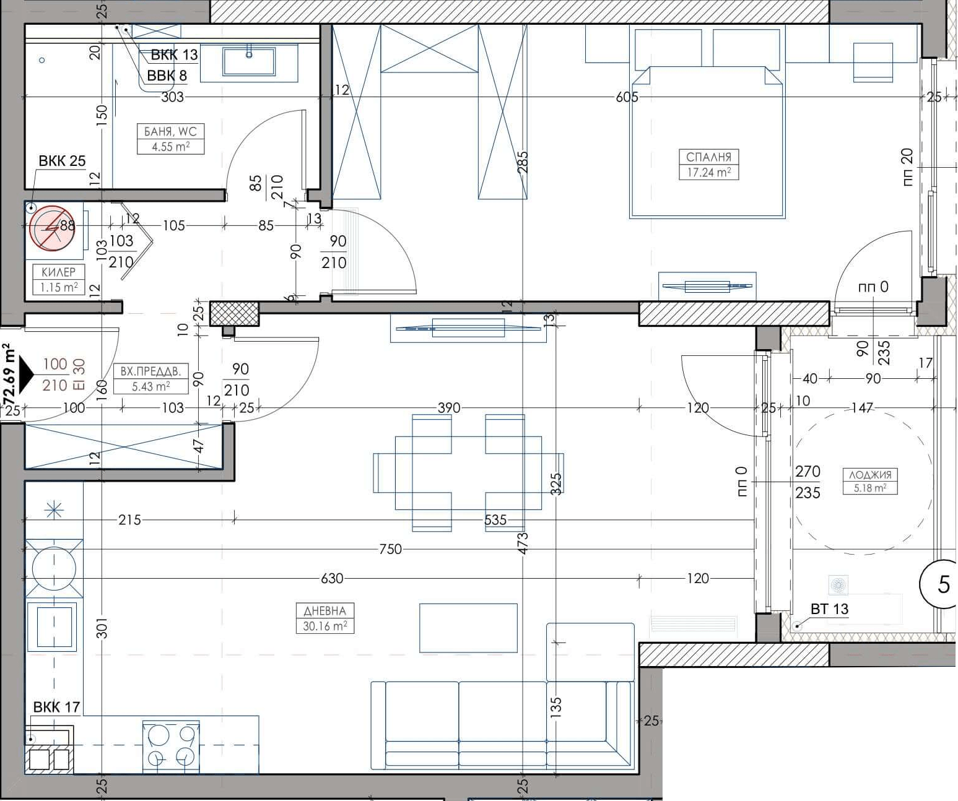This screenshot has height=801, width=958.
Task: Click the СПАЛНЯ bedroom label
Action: click(708, 164)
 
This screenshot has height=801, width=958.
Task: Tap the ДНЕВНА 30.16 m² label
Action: click(325, 618)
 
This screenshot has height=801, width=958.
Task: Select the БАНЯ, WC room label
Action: click(170, 139)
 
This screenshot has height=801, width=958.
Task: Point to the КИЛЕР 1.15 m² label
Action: click(59, 279)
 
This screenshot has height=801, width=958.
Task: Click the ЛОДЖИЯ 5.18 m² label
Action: click(870, 481)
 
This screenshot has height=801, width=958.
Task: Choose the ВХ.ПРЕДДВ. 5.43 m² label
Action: click(151, 378)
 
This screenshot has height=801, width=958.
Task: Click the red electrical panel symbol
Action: click(52, 228)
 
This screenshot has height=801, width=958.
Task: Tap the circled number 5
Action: click(941, 584)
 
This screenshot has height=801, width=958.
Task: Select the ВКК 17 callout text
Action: click(56, 707)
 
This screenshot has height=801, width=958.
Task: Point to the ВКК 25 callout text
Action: click(62, 160)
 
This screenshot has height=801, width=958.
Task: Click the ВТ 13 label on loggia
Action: click(830, 608)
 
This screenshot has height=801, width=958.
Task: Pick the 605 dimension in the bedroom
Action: click(627, 97)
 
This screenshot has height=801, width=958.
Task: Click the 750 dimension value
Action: click(391, 548)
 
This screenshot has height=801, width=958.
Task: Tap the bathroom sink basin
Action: click(249, 61)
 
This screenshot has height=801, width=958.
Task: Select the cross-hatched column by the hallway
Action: click(235, 314)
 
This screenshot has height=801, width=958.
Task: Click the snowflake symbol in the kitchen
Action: click(54, 510)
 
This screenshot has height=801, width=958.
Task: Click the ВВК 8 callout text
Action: click(167, 76)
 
